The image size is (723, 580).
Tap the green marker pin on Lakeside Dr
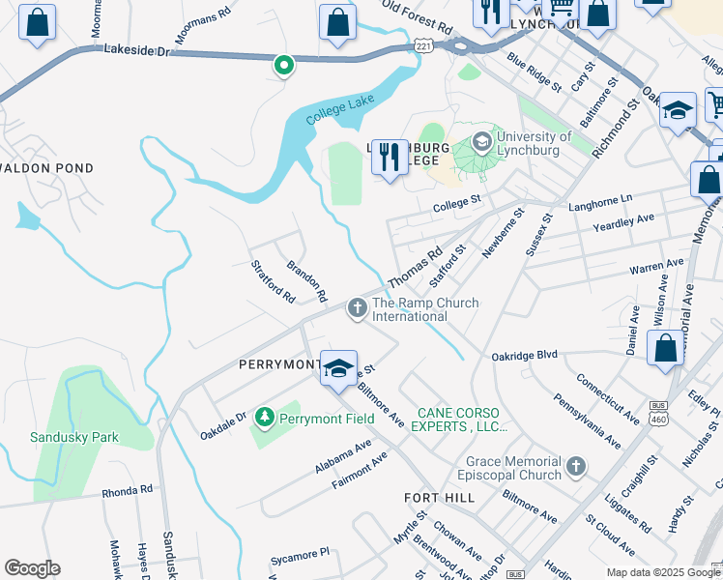coord(283,65)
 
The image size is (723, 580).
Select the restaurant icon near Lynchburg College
coord(390,156)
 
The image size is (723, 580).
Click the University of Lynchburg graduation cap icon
coord(480,142)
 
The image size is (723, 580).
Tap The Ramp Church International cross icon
coord(357,308)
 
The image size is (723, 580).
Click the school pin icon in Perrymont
coord(339,368)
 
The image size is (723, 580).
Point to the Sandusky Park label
coord(74,437)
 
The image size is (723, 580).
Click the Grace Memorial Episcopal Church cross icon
coord(575,468)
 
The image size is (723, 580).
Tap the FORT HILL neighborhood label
coord(439,497)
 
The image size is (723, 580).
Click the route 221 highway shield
coord(423,45)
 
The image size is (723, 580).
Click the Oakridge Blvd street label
coord(523,355)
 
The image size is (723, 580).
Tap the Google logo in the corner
coord(32,568)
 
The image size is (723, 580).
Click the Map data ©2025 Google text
coord(663,572)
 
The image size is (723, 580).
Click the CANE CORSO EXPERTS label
coord(462,419)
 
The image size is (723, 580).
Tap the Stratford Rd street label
coord(273,281)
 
